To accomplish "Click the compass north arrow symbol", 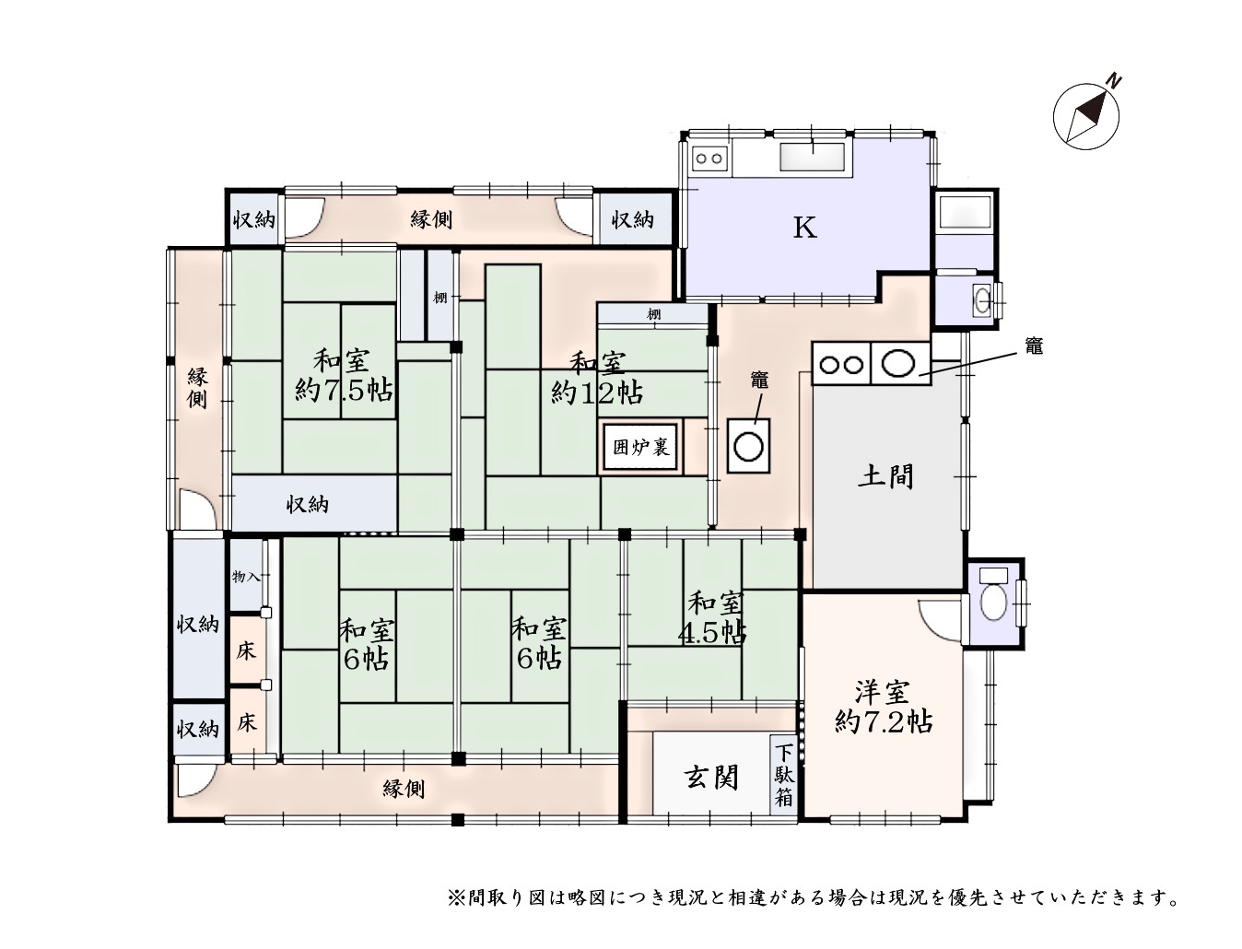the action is (1086, 116).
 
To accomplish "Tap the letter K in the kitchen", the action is (804, 228).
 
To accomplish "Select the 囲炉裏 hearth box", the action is (640, 447).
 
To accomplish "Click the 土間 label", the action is (886, 476).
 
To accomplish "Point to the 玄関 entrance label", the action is (712, 778).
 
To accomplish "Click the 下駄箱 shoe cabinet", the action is (783, 775).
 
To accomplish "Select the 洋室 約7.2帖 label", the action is (884, 707).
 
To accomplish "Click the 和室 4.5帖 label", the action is (713, 618).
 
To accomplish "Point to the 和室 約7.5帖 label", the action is (343, 375).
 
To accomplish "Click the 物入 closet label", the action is (246, 577).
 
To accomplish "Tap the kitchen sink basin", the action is (813, 157).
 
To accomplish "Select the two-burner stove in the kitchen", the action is (709, 158).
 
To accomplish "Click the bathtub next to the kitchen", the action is (964, 213).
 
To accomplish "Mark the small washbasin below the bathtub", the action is (983, 299).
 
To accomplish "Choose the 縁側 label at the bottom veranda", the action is (404, 789).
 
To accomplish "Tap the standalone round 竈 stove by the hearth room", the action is (748, 446).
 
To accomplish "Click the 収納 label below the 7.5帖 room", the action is (307, 504).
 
